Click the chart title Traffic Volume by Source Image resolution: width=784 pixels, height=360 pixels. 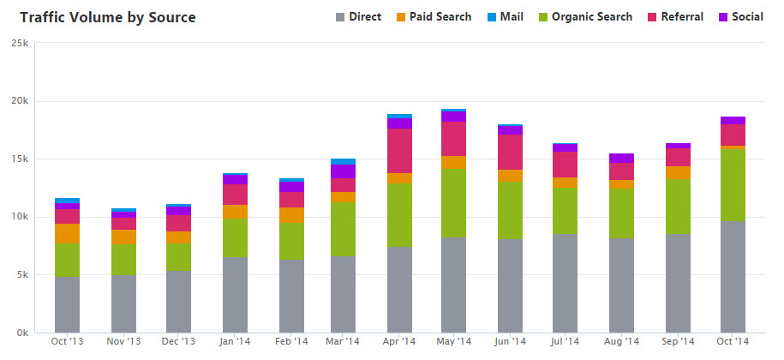point(107,18)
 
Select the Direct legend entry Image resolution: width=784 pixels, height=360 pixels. point(358,17)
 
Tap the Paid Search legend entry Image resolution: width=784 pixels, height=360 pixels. point(434,17)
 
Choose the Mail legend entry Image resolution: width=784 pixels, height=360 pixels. point(505,17)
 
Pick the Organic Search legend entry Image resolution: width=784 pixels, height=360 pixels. point(585,17)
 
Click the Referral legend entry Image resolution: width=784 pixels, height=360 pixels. point(675,17)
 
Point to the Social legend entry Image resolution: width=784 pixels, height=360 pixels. point(741,17)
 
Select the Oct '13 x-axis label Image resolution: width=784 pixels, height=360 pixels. point(68,342)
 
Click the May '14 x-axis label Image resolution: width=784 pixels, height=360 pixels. point(454,342)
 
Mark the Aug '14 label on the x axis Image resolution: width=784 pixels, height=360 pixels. point(621,342)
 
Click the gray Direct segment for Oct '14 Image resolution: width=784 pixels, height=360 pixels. point(733,277)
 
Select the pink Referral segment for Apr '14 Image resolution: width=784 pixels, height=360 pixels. point(399,151)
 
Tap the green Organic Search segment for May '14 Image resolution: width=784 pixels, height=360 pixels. point(453,203)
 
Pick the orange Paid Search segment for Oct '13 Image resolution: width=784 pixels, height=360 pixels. point(67,233)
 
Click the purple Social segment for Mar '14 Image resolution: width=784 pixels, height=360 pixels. point(343,171)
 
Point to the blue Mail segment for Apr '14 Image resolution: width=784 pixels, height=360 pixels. point(399,116)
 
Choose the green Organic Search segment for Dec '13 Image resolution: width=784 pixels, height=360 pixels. point(178,257)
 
